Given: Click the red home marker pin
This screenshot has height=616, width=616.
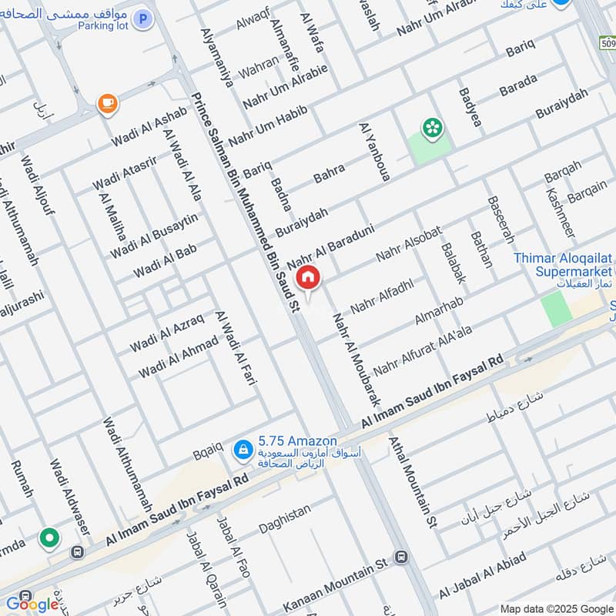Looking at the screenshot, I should point(307,277).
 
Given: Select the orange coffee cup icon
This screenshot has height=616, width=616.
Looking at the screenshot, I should point(106,102).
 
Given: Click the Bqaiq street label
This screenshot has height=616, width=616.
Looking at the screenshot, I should point(208,455).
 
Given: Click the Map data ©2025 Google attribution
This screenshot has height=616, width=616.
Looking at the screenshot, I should point(558,609).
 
